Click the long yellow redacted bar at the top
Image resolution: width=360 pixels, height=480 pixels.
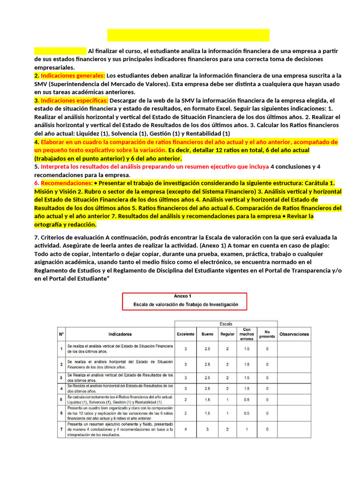click(188, 35)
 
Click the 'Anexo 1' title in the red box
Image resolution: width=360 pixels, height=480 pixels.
click(183, 296)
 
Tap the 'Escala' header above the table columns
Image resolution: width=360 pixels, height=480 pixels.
click(226, 324)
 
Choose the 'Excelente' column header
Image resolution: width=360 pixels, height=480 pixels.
click(186, 334)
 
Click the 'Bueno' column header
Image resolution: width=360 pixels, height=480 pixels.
click(207, 334)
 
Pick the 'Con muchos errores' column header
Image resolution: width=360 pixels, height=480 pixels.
click(247, 334)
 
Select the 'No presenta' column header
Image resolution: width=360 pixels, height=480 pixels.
click(267, 334)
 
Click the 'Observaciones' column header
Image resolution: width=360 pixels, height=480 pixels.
click(294, 334)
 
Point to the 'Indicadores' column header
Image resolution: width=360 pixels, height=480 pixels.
click(120, 334)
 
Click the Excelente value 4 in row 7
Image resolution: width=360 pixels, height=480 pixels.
click(186, 429)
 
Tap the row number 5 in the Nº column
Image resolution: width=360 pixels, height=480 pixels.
click(61, 399)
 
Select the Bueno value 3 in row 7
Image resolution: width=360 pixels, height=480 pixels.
click(207, 429)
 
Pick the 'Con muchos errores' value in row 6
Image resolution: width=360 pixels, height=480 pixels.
click(247, 413)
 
